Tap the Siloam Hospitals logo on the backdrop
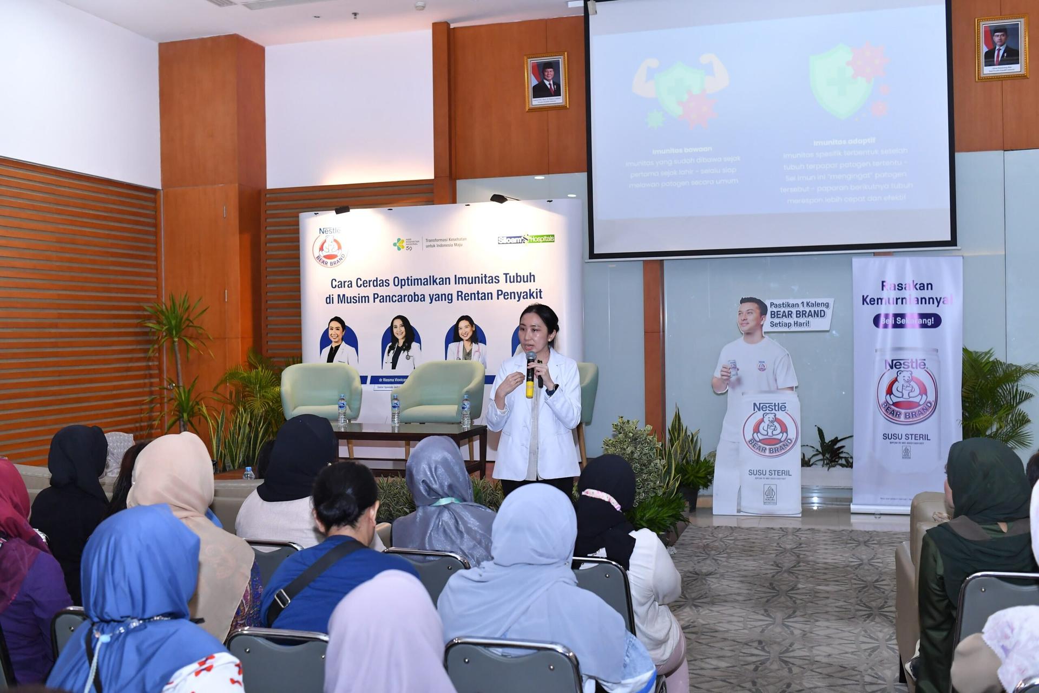pyautogui.click(x=526, y=239)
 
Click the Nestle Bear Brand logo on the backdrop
pyautogui.click(x=330, y=248)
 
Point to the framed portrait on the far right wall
pyautogui.click(x=1002, y=48)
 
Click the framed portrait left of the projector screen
pyautogui.click(x=546, y=81)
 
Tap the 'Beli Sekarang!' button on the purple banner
pyautogui.click(x=907, y=321)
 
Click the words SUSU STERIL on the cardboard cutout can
pyautogui.click(x=770, y=473)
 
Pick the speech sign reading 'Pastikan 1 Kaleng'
pyautogui.click(x=798, y=314)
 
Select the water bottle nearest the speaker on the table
pyautogui.click(x=465, y=411)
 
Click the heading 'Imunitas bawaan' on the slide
pyautogui.click(x=681, y=149)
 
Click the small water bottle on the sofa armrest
pyautogui.click(x=248, y=473)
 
